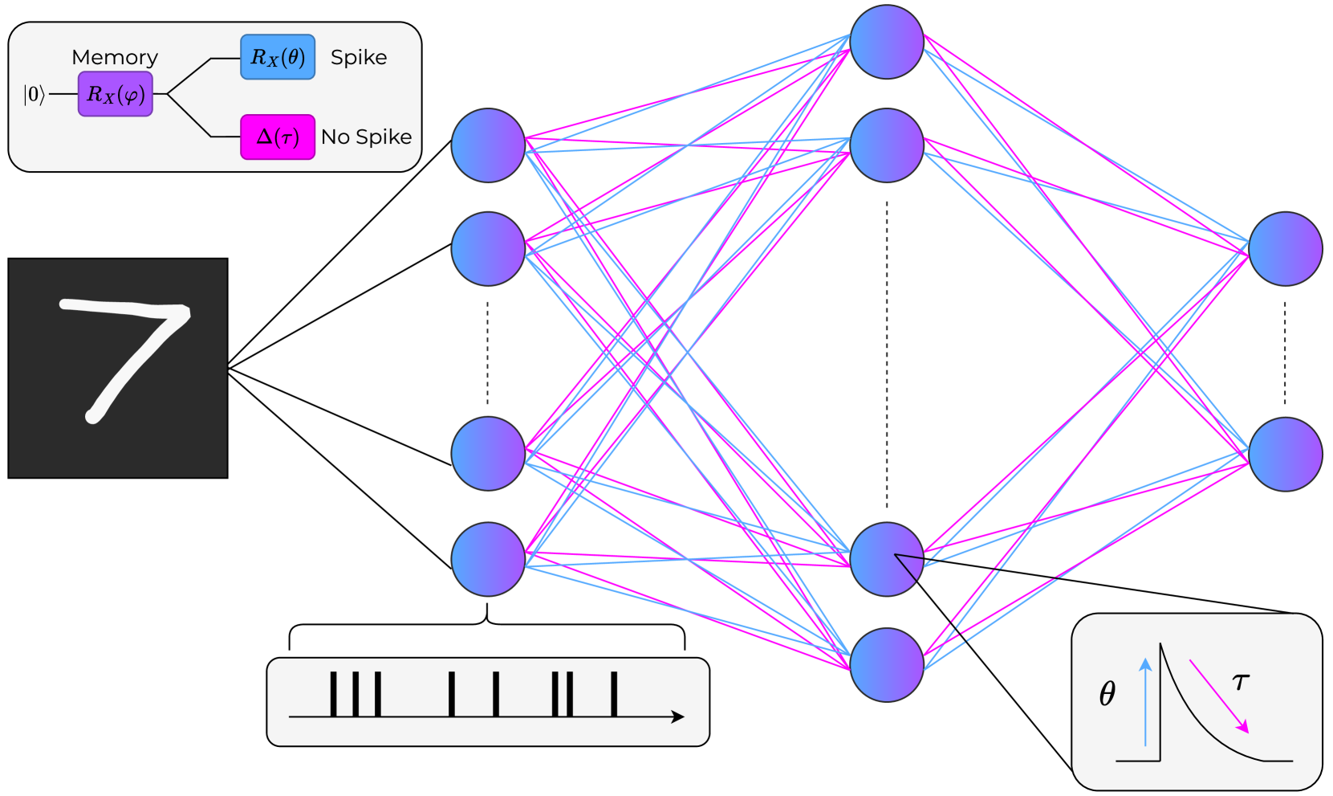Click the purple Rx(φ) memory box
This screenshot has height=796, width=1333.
pyautogui.click(x=116, y=94)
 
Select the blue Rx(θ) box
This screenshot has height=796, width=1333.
pyautogui.click(x=278, y=57)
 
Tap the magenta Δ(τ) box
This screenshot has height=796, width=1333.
pyautogui.click(x=278, y=137)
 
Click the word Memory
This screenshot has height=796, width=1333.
pyautogui.click(x=115, y=57)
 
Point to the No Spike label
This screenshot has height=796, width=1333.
pyautogui.click(x=366, y=137)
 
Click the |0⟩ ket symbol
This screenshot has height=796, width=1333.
pyautogui.click(x=33, y=95)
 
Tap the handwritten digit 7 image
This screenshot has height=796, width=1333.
pyautogui.click(x=118, y=368)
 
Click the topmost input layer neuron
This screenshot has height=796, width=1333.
pyautogui.click(x=488, y=145)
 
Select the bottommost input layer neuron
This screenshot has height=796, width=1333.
pyautogui.click(x=488, y=559)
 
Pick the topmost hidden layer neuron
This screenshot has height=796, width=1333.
pyautogui.click(x=887, y=42)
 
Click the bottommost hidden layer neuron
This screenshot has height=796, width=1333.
pyautogui.click(x=887, y=664)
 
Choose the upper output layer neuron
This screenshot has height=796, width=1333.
pyautogui.click(x=1285, y=249)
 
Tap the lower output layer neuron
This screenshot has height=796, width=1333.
pyautogui.click(x=1285, y=454)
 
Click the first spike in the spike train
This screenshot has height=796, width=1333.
pyautogui.click(x=333, y=694)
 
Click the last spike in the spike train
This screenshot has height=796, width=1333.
pyautogui.click(x=614, y=694)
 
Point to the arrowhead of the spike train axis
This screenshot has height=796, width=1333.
pyautogui.click(x=679, y=716)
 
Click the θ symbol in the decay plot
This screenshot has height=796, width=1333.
pyautogui.click(x=1107, y=693)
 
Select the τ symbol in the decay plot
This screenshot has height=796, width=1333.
pyautogui.click(x=1241, y=682)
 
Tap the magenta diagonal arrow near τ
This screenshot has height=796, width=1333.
pyautogui.click(x=1219, y=696)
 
